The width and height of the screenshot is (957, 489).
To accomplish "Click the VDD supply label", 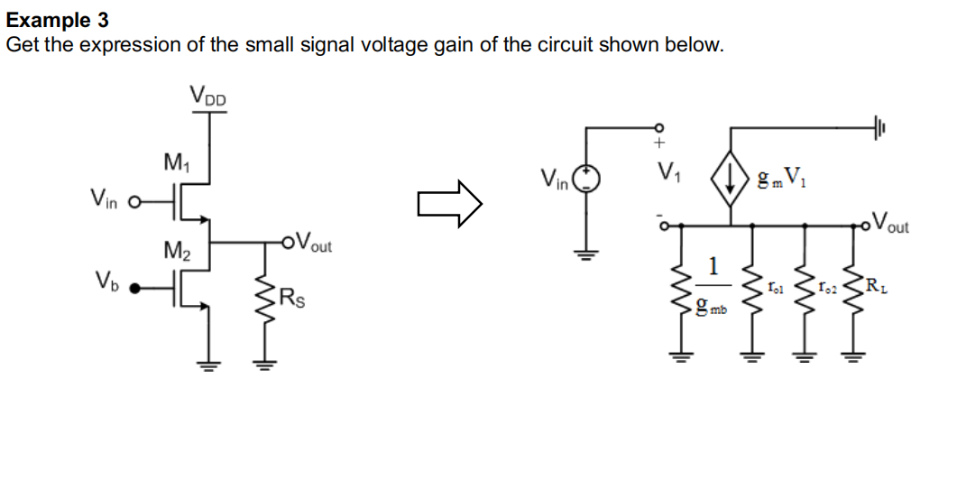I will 208,94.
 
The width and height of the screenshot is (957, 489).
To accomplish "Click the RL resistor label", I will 874,287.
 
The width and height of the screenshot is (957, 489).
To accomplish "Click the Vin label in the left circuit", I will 105,198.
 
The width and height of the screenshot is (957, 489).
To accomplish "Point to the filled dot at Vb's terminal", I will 136,289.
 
